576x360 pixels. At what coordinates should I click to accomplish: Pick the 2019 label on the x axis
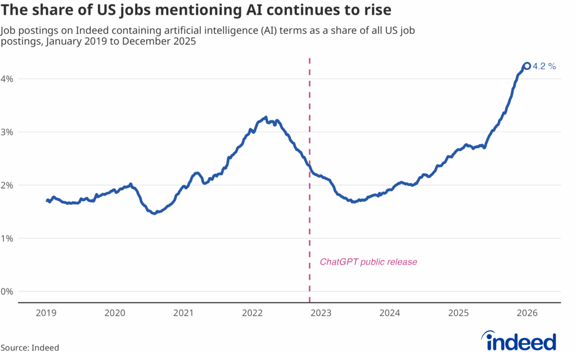(46, 312)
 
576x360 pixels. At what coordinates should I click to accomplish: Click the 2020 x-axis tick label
(115, 312)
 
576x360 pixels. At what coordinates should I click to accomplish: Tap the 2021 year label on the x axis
(183, 312)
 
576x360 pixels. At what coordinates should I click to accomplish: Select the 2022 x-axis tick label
(253, 312)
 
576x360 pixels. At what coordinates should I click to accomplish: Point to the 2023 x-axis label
(321, 312)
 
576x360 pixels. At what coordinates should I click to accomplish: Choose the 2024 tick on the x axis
(390, 312)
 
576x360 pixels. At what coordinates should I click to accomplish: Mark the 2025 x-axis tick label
(458, 312)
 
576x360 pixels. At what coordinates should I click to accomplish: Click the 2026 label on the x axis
(528, 312)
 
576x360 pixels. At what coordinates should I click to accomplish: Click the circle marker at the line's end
(527, 66)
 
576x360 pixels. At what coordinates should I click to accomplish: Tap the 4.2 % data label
(544, 66)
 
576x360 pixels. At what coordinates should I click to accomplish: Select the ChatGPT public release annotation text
(368, 262)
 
